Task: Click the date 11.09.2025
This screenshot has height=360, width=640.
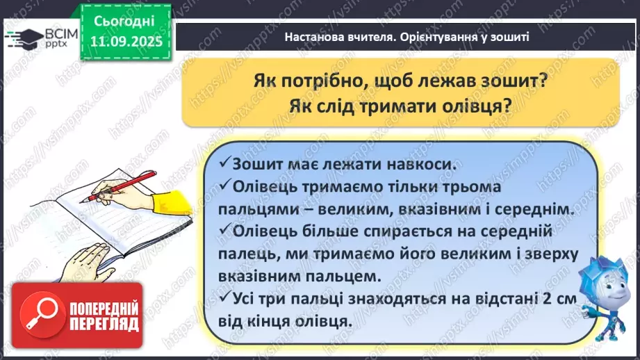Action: pyautogui.click(x=125, y=40)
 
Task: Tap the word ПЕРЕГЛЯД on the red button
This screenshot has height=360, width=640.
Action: pyautogui.click(x=104, y=324)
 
